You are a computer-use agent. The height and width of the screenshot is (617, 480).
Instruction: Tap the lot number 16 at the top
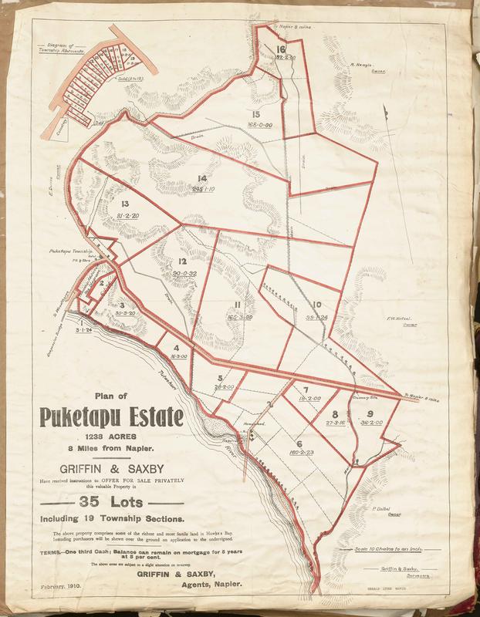[x=281, y=50]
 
